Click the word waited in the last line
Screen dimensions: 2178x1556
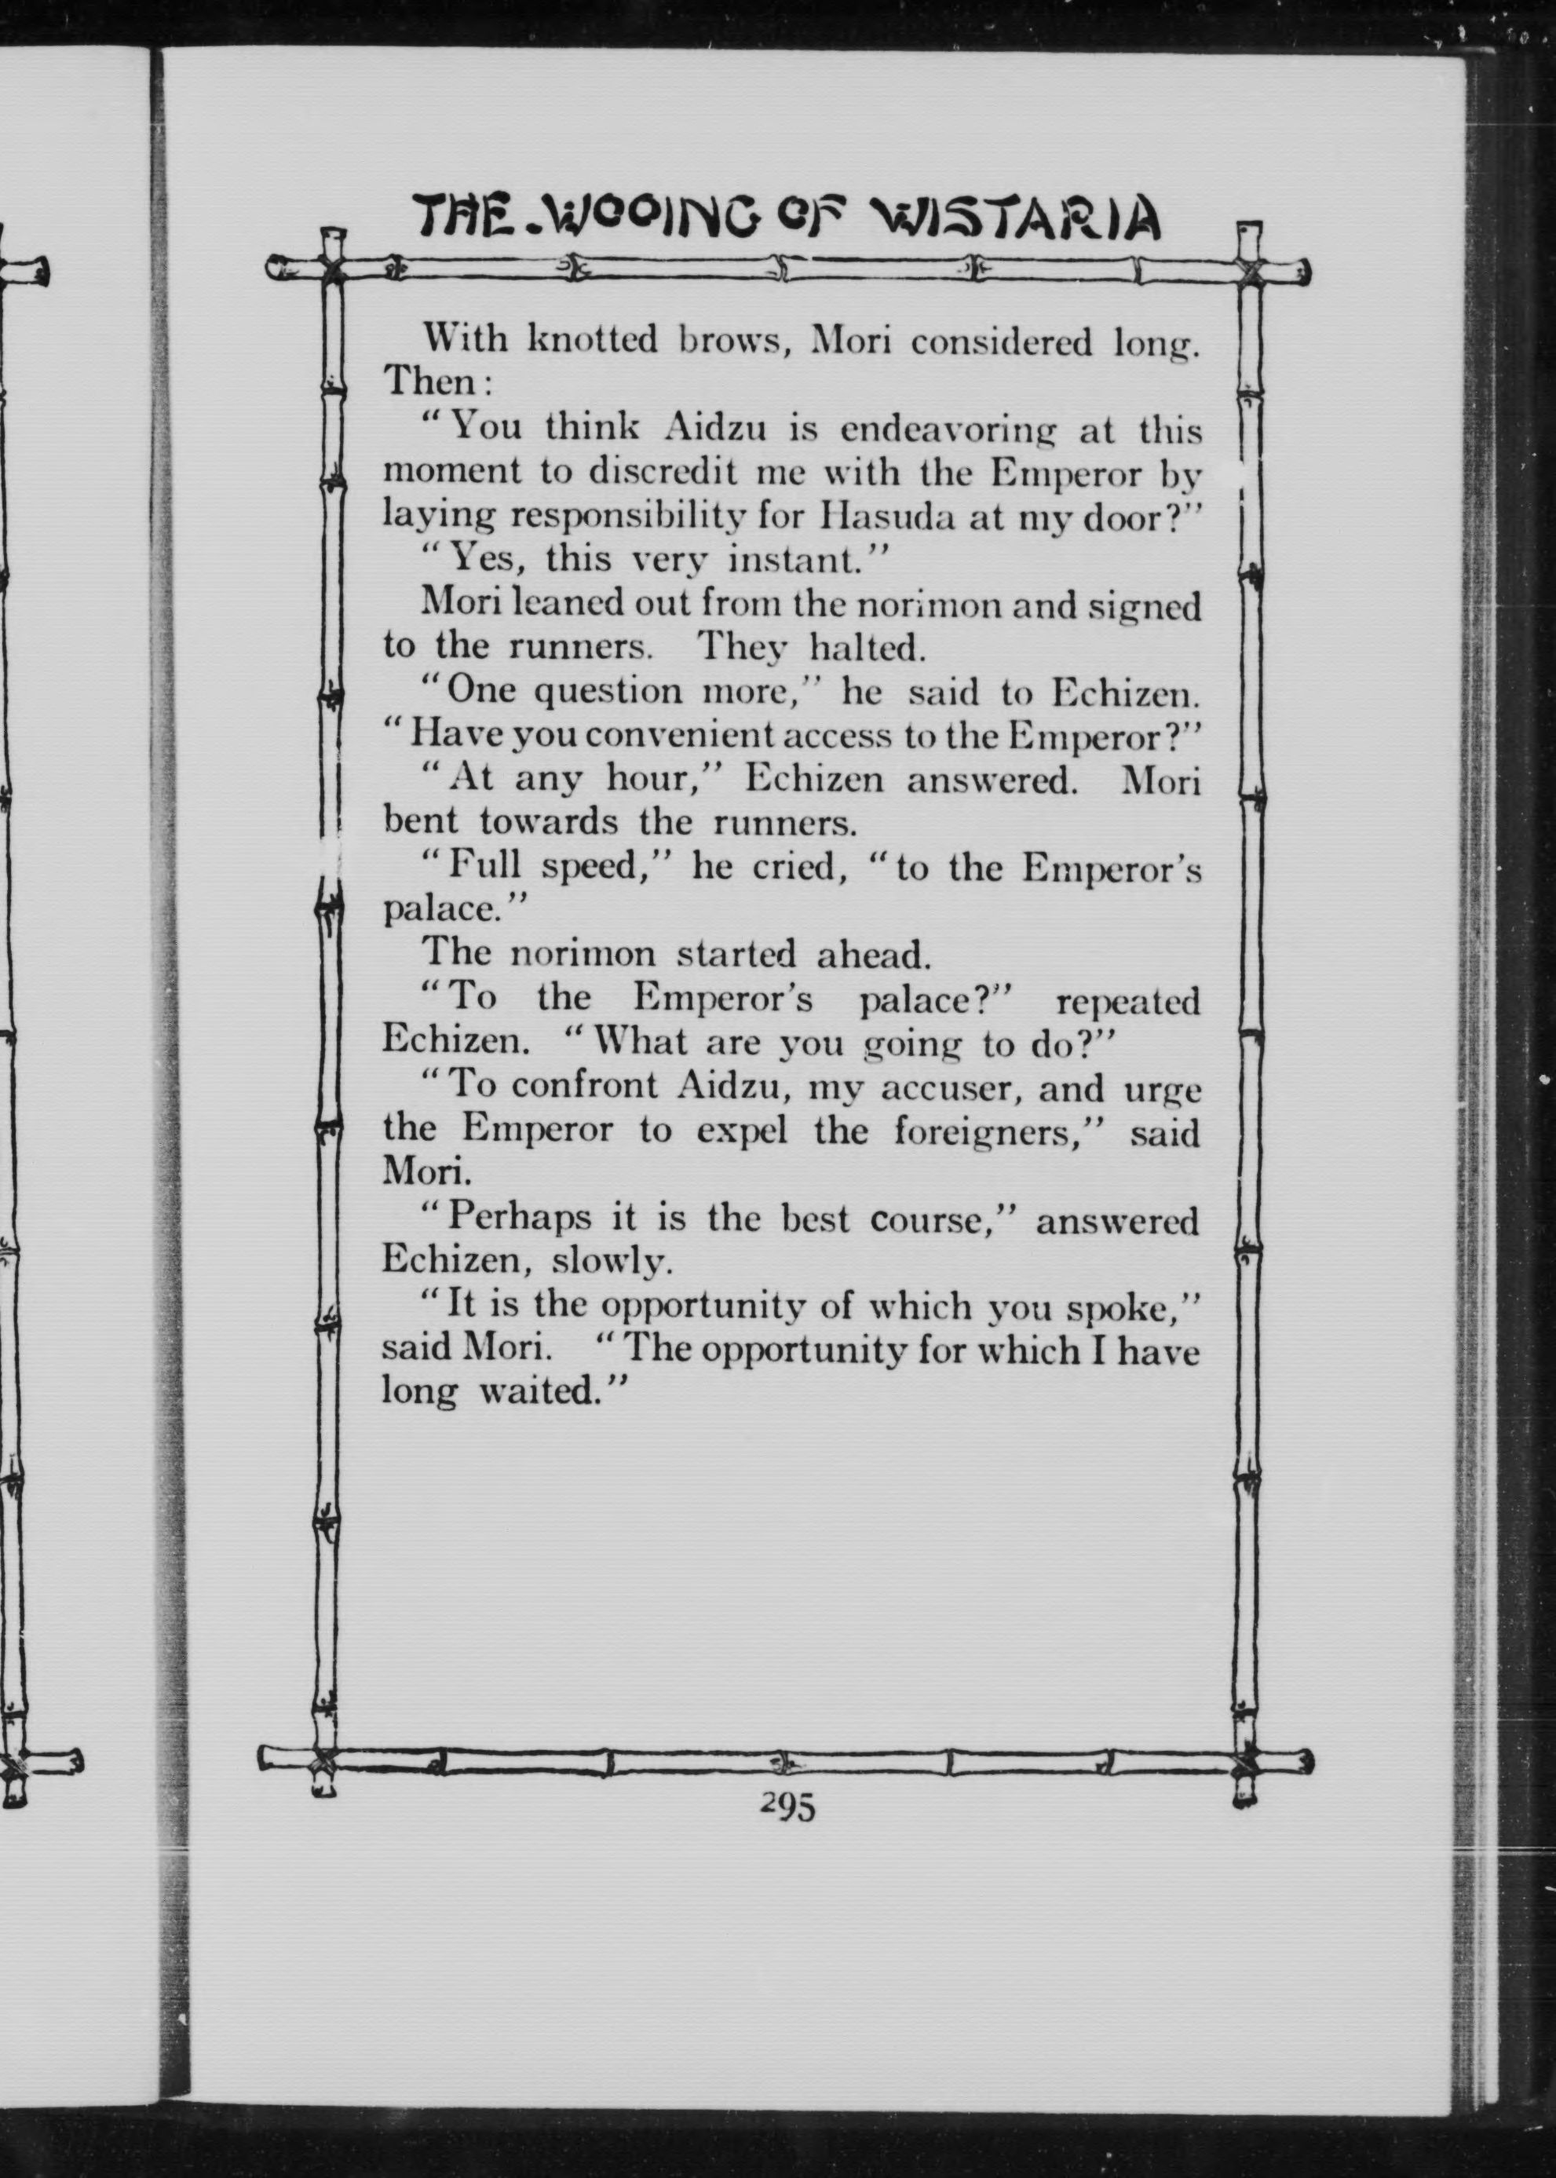(540, 1391)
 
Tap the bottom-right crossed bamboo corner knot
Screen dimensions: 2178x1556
(1247, 1763)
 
